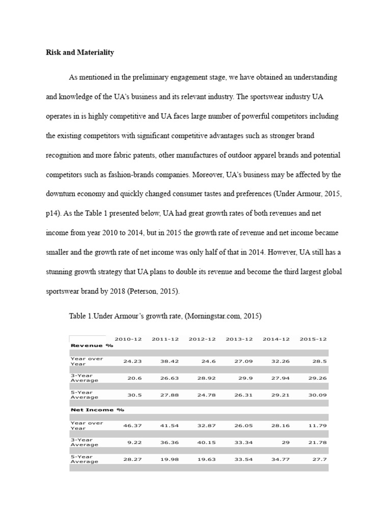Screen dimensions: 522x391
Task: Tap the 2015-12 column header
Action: tap(313, 339)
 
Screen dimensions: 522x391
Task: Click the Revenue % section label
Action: tap(92, 345)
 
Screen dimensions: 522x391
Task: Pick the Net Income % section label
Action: tap(97, 409)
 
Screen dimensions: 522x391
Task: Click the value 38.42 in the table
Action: tap(169, 361)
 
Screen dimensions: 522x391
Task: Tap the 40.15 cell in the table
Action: tap(206, 442)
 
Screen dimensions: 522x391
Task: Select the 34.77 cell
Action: tap(281, 459)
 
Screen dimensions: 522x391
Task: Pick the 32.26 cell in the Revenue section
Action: tap(281, 361)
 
